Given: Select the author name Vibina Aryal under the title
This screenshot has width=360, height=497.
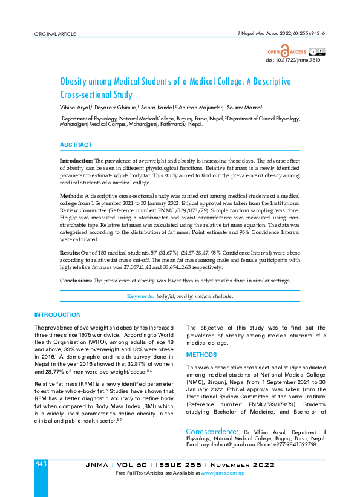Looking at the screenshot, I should pyautogui.click(x=76, y=107).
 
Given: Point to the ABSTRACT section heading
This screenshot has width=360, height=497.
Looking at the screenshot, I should pyautogui.click(x=76, y=145).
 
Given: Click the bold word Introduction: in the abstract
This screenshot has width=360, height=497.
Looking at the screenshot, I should pyautogui.click(x=76, y=160).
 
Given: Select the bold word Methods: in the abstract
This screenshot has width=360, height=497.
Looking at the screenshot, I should pyautogui.click(x=71, y=197).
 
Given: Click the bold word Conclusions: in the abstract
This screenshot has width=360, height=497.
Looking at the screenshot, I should pyautogui.click(x=76, y=281).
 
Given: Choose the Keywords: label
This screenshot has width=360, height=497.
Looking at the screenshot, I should pyautogui.click(x=140, y=297).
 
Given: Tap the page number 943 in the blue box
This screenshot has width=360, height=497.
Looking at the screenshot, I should pyautogui.click(x=41, y=463).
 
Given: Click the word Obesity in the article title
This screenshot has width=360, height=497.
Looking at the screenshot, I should pyautogui.click(x=77, y=81).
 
